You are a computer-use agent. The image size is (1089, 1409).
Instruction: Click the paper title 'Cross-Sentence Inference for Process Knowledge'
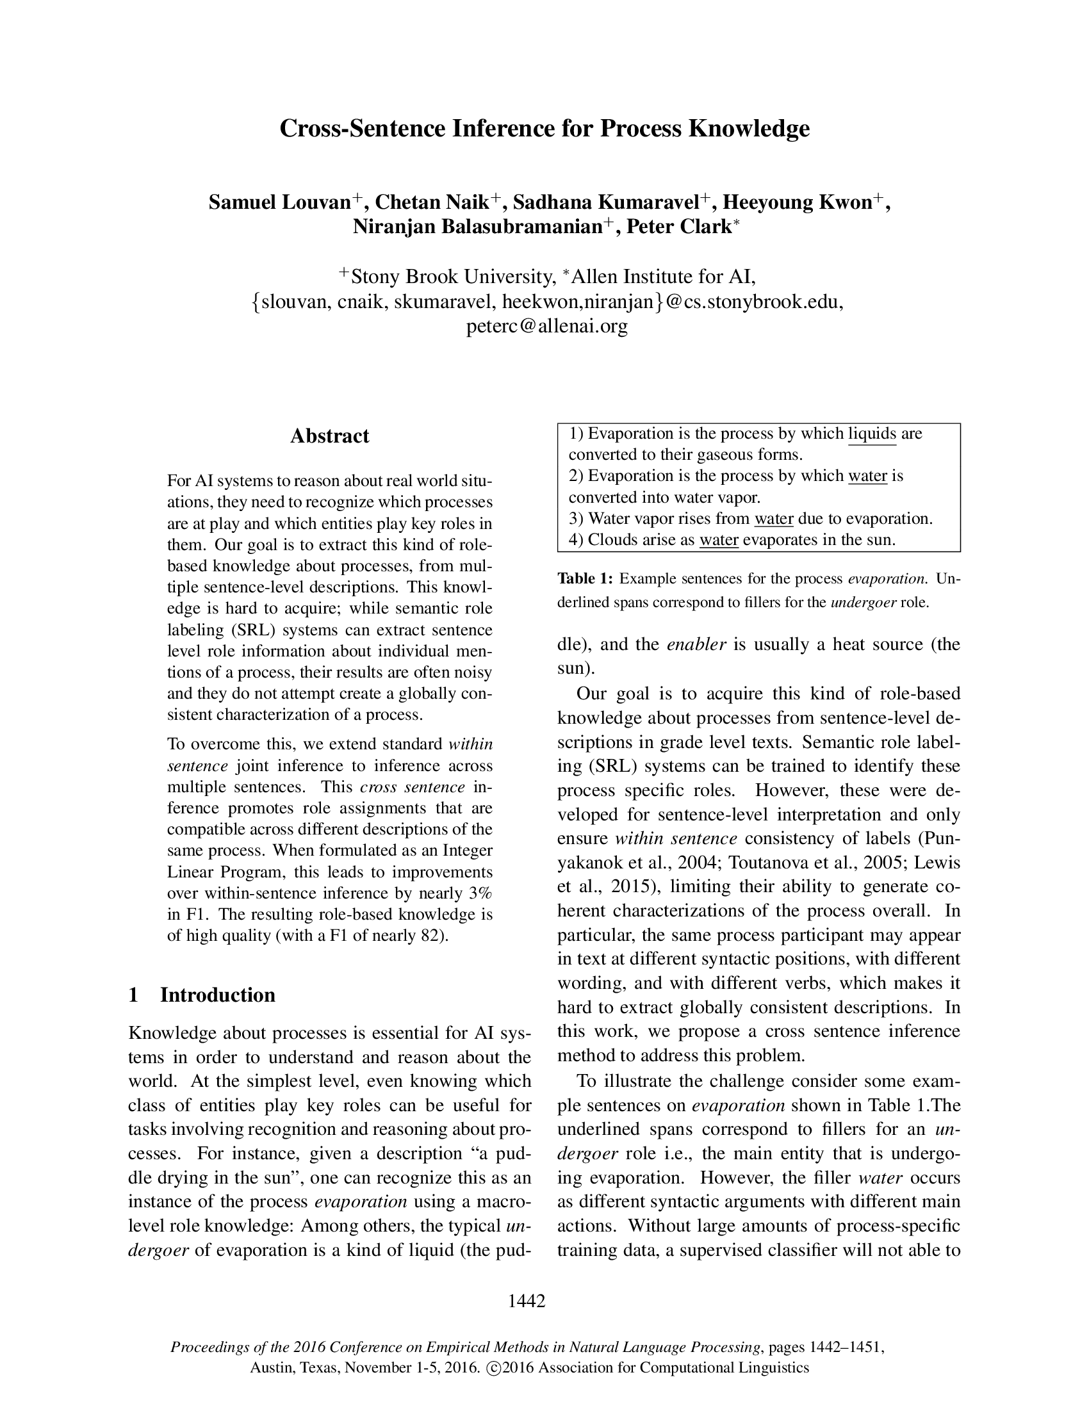pos(544,128)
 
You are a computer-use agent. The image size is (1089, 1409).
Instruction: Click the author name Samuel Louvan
pos(279,202)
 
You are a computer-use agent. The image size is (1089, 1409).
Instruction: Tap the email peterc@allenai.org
pos(546,327)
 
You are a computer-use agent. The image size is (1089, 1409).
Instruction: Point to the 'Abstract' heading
pos(329,436)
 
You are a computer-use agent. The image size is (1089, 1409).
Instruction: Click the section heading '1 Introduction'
pos(202,995)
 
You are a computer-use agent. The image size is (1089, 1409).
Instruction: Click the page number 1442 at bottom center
pos(527,1301)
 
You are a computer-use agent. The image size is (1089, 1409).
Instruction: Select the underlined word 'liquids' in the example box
pos(872,434)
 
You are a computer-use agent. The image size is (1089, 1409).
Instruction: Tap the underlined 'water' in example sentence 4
pos(719,540)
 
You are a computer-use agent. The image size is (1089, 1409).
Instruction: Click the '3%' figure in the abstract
pos(479,893)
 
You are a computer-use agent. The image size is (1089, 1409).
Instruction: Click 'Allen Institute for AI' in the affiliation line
pos(663,277)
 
